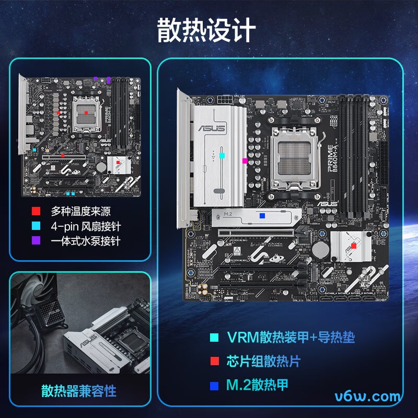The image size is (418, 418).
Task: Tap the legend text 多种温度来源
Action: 80,212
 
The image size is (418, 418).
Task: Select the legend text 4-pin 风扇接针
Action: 85,226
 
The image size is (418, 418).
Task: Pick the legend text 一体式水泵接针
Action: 85,241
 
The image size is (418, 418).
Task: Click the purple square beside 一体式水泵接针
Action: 36,241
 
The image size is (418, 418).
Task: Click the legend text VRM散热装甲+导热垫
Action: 291,338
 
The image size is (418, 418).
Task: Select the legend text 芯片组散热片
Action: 263,362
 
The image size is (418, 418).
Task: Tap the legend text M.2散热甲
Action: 257,386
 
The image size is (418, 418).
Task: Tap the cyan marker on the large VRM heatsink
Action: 222,155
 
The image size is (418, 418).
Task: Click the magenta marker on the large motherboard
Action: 245,161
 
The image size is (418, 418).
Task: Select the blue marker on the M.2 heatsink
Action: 262,215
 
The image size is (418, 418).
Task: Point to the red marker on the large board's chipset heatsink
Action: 354,245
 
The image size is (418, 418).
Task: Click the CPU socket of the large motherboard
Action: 295,159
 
